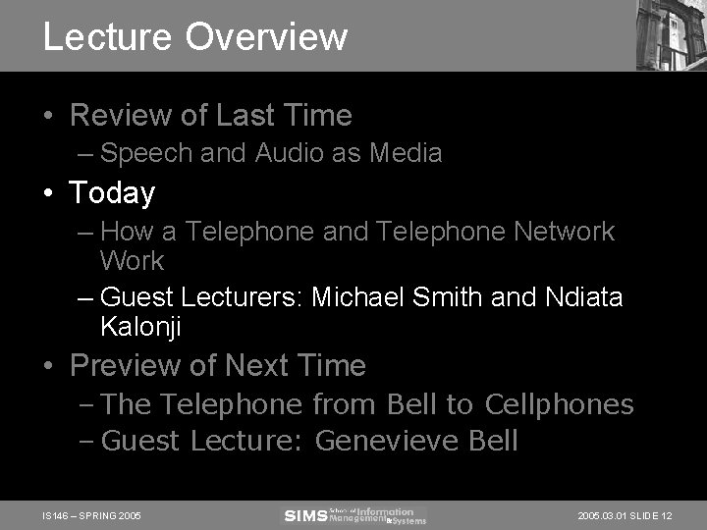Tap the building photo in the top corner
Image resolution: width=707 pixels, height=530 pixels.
pyautogui.click(x=671, y=34)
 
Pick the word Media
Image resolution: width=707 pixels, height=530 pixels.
pyautogui.click(x=406, y=153)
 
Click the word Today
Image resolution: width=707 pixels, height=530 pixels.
pyautogui.click(x=112, y=192)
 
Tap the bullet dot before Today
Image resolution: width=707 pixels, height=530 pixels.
pyautogui.click(x=48, y=193)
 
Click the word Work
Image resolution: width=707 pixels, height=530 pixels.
pyautogui.click(x=132, y=261)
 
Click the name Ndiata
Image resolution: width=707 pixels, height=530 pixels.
pyautogui.click(x=583, y=296)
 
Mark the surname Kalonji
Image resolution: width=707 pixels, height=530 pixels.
pyautogui.click(x=140, y=327)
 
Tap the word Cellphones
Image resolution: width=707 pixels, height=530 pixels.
pyautogui.click(x=571, y=404)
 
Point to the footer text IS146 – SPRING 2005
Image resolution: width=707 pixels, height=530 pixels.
pyautogui.click(x=92, y=515)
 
